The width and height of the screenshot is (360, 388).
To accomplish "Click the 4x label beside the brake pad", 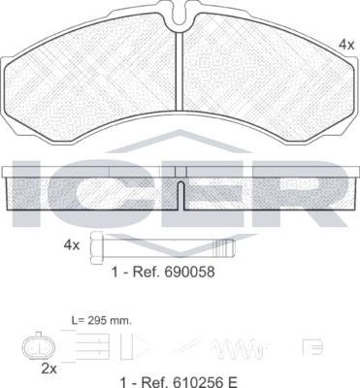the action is tap(346, 45).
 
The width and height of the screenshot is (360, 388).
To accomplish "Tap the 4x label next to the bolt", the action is tap(72, 245).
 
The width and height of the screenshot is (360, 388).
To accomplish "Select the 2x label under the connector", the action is tap(49, 369).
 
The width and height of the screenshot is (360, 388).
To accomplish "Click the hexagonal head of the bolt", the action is tap(97, 248).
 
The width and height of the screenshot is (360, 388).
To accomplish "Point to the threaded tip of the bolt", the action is tap(224, 248).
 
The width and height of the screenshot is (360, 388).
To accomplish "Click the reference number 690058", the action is tap(189, 272).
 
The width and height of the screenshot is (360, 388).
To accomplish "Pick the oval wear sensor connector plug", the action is tap(39, 347).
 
